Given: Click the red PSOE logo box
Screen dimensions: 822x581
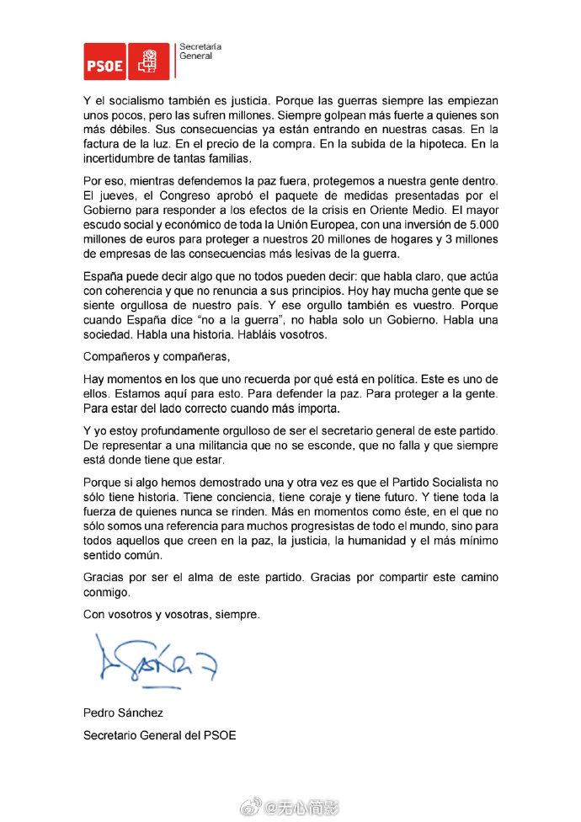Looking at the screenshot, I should coord(104,61).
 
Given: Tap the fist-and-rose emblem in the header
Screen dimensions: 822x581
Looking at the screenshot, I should coord(148,61).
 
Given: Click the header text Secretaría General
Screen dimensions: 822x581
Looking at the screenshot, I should coord(196,52).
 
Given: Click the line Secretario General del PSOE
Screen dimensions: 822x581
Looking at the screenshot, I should coord(159,734).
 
